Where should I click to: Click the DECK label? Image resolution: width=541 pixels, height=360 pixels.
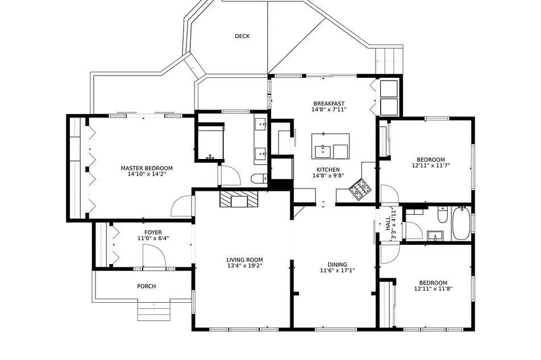tap(242, 36)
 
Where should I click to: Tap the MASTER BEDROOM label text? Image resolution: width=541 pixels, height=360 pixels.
tap(147, 168)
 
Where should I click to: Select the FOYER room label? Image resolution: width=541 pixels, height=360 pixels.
tap(153, 232)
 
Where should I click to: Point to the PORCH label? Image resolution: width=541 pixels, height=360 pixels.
tap(146, 286)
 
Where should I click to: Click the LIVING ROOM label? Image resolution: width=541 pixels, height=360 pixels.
tap(244, 260)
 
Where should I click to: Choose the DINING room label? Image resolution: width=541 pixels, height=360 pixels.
tap(338, 265)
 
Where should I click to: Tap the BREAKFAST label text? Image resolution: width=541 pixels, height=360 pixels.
tap(329, 104)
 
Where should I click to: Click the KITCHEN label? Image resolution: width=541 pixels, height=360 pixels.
tap(328, 170)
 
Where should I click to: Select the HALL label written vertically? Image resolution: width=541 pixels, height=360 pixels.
tap(388, 224)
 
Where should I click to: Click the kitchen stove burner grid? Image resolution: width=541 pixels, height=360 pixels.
tap(359, 189)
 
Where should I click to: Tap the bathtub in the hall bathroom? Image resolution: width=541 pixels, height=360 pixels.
tap(461, 223)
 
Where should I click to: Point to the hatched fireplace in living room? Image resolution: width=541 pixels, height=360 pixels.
tap(239, 199)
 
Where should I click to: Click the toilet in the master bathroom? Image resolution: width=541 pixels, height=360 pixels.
tap(259, 179)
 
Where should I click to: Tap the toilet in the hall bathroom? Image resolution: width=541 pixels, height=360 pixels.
tap(442, 215)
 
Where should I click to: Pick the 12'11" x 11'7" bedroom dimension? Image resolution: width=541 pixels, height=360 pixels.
tap(431, 165)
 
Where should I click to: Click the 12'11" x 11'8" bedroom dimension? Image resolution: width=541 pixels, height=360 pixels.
tap(434, 289)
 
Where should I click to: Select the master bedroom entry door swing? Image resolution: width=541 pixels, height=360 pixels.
tap(181, 206)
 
